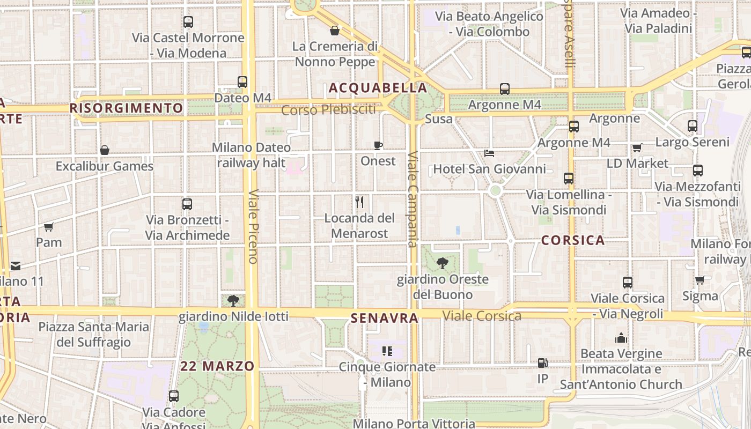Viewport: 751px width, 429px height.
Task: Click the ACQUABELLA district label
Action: pos(378,88)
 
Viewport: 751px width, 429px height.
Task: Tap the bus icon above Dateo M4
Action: pos(242,82)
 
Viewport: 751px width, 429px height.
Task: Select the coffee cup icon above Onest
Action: pos(378,145)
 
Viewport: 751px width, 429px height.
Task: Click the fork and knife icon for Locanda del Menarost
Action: pos(359,202)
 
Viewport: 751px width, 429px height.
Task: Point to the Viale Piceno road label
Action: pos(253,226)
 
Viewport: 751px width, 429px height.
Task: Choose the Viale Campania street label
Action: pos(412,199)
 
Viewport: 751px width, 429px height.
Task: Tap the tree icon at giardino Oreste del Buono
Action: pos(443,263)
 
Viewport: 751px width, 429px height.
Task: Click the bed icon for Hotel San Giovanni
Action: pos(489,153)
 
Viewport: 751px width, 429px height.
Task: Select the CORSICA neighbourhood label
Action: pos(573,240)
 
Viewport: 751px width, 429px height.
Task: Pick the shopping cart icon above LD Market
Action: pos(637,147)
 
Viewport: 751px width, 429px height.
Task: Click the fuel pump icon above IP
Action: pos(543,363)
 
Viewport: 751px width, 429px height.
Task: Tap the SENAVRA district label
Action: pos(384,319)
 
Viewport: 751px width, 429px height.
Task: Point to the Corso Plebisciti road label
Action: pos(328,110)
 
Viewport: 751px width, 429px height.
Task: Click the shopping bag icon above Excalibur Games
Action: pos(105,150)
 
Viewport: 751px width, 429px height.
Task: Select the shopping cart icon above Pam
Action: pos(49,227)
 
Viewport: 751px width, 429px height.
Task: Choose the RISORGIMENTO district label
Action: pos(127,108)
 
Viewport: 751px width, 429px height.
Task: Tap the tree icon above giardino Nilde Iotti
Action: pos(233,300)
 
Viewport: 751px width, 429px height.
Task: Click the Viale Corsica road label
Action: pos(482,316)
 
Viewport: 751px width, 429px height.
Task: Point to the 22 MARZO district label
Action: pos(217,366)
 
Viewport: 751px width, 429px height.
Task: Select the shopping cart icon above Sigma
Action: pos(700,280)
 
